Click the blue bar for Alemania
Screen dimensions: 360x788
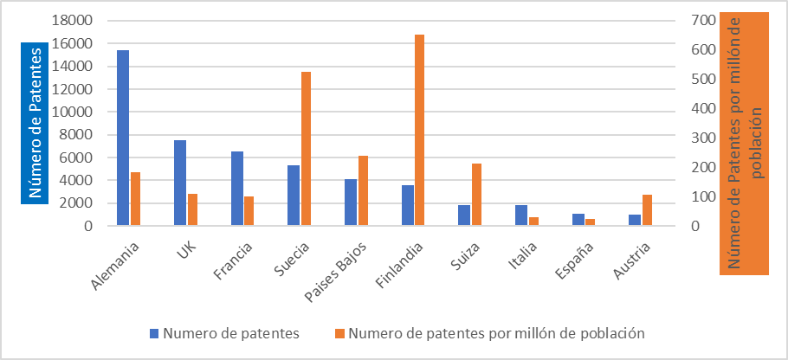coord(123,138)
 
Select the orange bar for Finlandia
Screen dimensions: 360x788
coord(420,130)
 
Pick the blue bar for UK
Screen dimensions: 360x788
coord(180,183)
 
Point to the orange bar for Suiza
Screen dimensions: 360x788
coord(476,195)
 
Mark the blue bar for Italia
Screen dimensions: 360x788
coord(521,215)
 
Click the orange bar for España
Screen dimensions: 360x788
coord(591,222)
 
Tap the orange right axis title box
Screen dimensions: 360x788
coord(745,144)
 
